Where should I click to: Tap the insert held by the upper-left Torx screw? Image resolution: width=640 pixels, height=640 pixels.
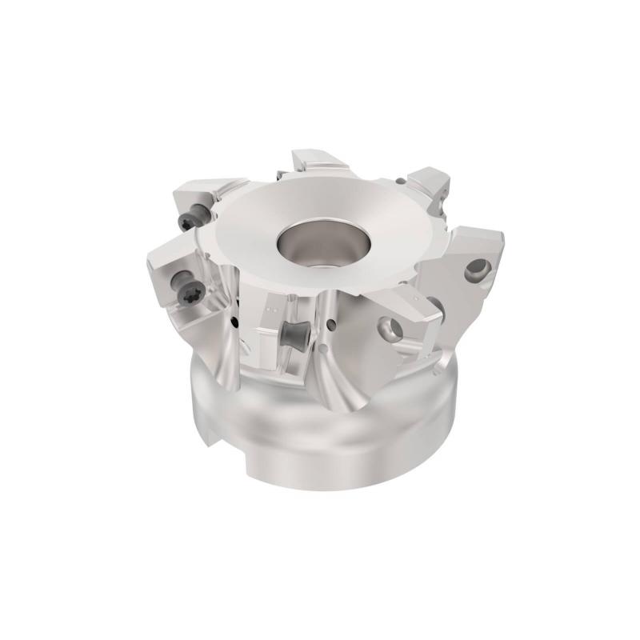click(197, 196)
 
